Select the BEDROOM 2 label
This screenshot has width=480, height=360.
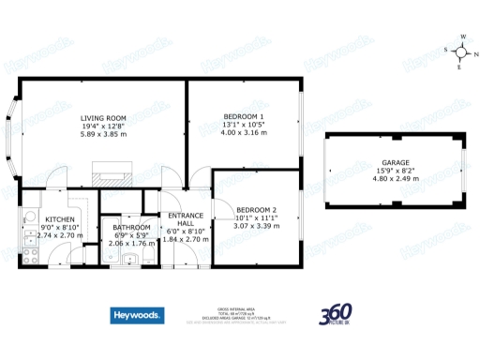[x=256, y=208]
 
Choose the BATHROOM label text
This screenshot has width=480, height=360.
[x=131, y=227]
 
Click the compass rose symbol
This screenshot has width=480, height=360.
[x=461, y=53]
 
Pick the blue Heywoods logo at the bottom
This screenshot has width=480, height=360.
[x=137, y=316]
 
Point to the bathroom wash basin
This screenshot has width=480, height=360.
[x=135, y=260]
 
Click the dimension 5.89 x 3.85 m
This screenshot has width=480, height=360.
[x=103, y=135]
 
